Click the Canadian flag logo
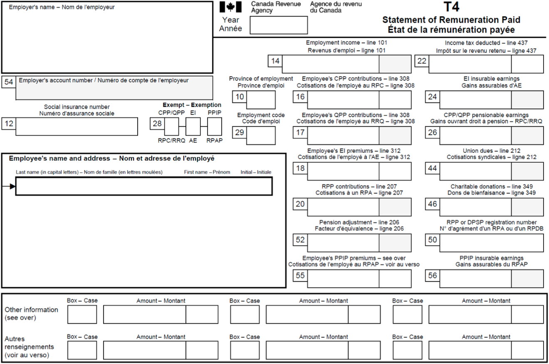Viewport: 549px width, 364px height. click(x=230, y=7)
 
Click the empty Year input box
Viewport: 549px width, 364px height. click(x=278, y=25)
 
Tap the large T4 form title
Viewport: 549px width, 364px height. click(x=451, y=7)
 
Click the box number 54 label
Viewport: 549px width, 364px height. click(x=9, y=82)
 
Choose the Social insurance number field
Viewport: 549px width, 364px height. click(x=77, y=126)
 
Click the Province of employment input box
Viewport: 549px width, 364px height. click(x=261, y=99)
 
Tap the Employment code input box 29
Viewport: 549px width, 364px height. click(x=261, y=135)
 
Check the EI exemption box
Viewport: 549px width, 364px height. click(x=193, y=126)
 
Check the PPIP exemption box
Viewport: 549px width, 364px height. click(x=215, y=126)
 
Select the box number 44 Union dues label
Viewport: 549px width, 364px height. click(x=433, y=168)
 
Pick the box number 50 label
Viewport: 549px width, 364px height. click(x=433, y=240)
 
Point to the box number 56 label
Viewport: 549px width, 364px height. click(x=433, y=276)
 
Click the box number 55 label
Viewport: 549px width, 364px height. click(x=300, y=276)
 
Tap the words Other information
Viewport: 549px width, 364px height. click(x=31, y=310)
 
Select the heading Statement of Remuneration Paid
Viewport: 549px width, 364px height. click(x=451, y=20)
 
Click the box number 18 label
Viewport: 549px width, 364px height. click(x=300, y=168)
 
